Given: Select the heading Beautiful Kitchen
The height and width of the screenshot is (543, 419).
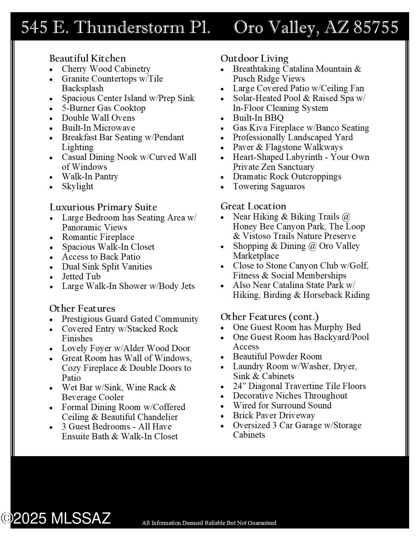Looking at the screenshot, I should (x=87, y=58).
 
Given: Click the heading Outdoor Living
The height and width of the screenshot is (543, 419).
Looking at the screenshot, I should (x=254, y=58).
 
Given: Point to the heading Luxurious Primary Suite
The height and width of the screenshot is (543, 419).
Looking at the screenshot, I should (x=103, y=207).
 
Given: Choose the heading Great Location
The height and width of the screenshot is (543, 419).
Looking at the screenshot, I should (x=253, y=206).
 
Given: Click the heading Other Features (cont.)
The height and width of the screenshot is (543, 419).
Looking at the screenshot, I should (x=269, y=317).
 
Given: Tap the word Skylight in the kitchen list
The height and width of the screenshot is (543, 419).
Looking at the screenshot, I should (x=78, y=186).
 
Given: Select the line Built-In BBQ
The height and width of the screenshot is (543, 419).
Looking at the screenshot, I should (x=258, y=118).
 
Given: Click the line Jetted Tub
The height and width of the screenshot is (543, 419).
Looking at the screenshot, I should (x=81, y=276).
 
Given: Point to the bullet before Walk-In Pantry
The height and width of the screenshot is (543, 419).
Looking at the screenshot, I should (x=51, y=177).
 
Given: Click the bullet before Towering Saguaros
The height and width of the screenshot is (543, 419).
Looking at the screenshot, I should (x=222, y=187).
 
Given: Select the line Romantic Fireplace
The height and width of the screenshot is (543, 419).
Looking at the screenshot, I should (x=98, y=237).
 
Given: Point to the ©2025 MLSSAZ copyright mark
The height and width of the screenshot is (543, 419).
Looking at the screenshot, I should (x=56, y=518).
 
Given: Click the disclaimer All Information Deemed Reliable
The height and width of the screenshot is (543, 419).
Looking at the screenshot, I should (x=209, y=523).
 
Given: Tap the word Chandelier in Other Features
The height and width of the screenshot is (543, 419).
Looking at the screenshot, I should (x=155, y=417).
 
